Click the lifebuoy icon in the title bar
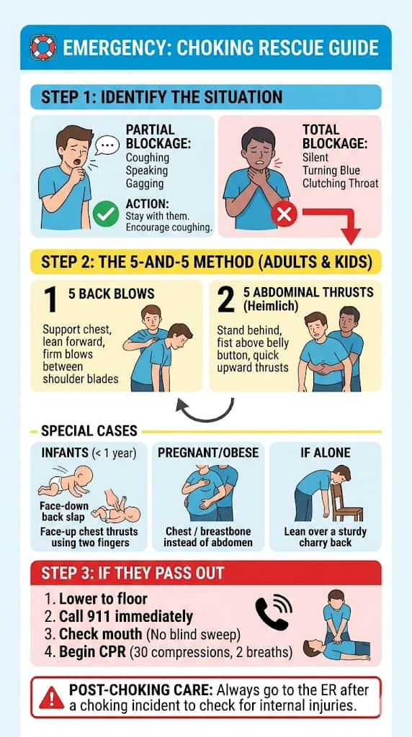tap(43, 48)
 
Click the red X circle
tap(284, 214)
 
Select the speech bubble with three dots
tap(108, 145)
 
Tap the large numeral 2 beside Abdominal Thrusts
tap(226, 299)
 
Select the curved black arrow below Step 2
tap(207, 414)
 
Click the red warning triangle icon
tap(52, 697)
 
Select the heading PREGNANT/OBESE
tap(208, 453)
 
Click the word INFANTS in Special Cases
tap(65, 453)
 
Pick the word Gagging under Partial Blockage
tap(145, 184)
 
